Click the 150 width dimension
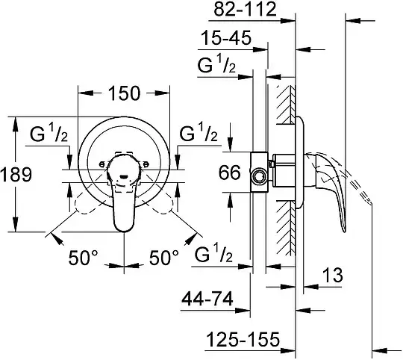(x=125, y=93)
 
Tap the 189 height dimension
(x=16, y=174)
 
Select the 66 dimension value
(x=230, y=172)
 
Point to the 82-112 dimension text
(x=246, y=9)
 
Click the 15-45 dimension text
(x=225, y=38)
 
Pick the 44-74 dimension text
(x=207, y=299)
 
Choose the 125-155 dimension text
(x=243, y=339)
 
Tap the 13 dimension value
(x=332, y=275)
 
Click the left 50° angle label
(x=83, y=258)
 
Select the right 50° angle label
(x=164, y=258)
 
